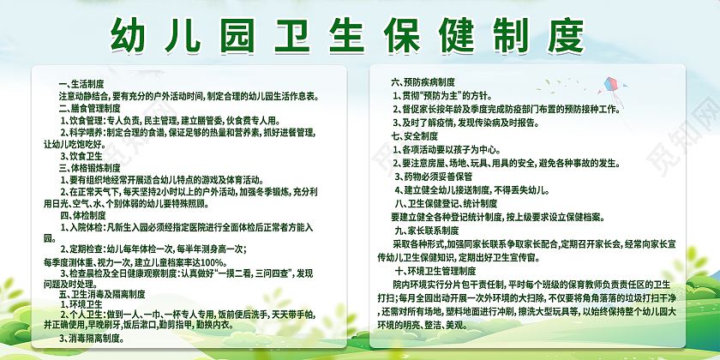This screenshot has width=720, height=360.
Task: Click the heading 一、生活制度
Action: (x=81, y=85)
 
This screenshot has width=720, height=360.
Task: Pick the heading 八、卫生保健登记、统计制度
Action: (x=446, y=203)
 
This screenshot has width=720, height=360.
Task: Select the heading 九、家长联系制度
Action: (x=430, y=231)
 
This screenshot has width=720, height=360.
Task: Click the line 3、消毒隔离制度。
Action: (x=97, y=339)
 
